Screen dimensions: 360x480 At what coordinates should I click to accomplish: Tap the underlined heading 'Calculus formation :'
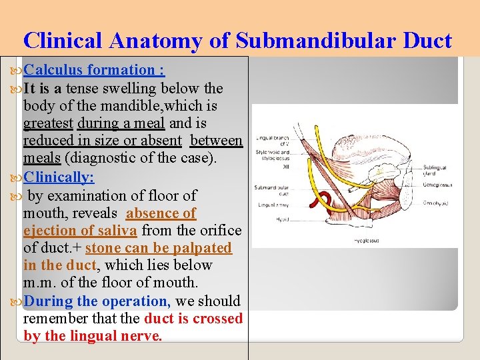94,70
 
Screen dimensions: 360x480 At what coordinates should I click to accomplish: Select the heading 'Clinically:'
59,177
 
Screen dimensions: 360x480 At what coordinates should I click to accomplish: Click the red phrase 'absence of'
161,213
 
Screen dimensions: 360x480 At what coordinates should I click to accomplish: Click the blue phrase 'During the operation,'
97,301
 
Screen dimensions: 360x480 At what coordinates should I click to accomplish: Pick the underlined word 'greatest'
48,123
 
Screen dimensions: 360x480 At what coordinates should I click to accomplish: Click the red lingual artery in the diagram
325,199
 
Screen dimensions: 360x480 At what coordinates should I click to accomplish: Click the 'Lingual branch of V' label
273,141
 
